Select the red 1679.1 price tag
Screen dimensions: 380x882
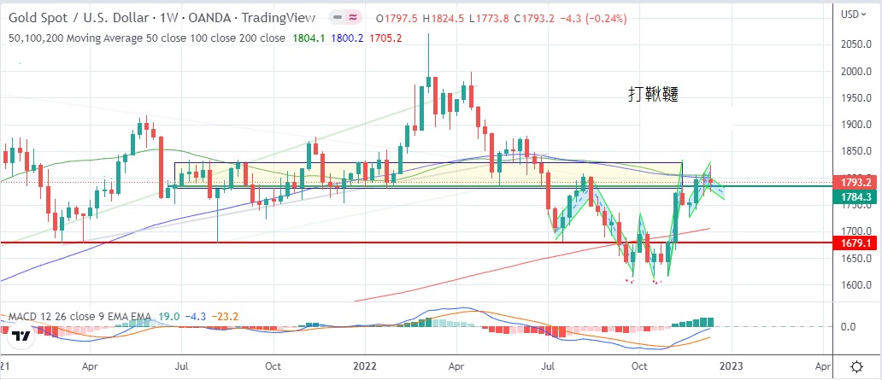[856, 243]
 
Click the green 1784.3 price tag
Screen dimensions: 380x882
[856, 197]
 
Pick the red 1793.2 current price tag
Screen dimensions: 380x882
[856, 183]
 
